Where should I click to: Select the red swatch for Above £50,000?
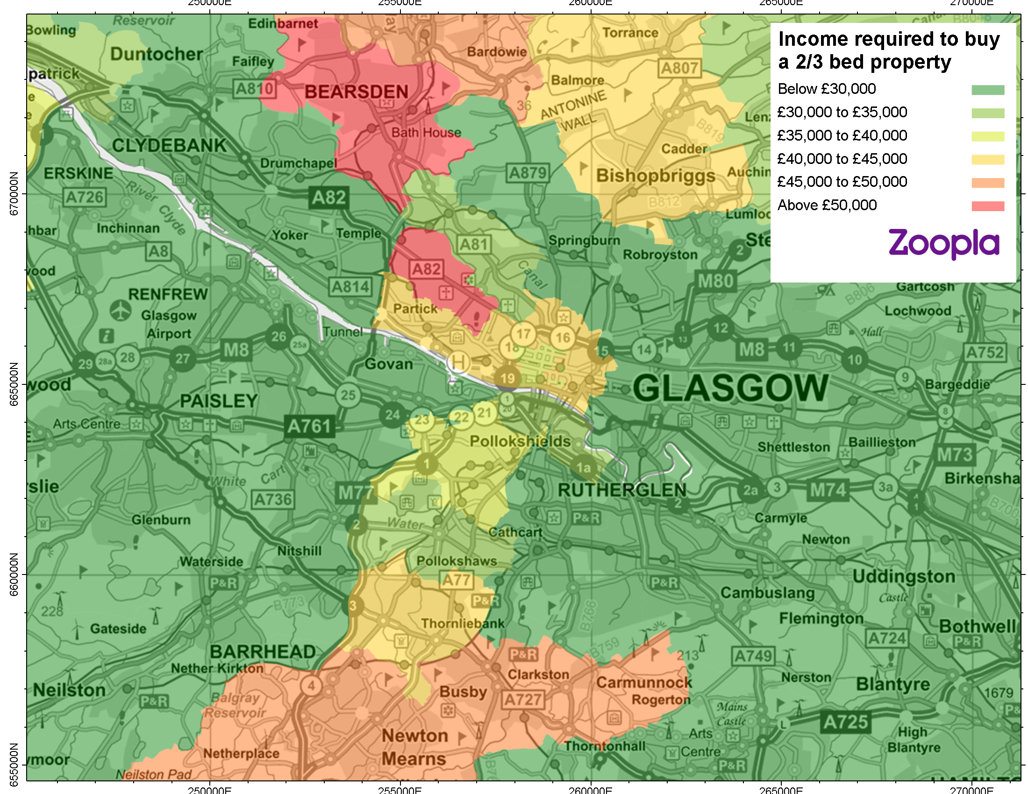click(x=987, y=206)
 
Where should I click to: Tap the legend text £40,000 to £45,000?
click(x=842, y=158)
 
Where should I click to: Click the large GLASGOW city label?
click(x=730, y=389)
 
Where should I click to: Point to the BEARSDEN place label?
click(x=357, y=92)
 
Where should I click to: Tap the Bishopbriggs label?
click(x=655, y=176)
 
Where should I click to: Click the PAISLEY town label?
click(x=219, y=401)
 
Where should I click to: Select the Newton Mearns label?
click(x=414, y=747)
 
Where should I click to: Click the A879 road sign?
click(x=528, y=173)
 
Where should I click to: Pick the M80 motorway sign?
click(x=715, y=281)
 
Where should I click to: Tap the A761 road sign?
click(x=309, y=426)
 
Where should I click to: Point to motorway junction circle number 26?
click(x=278, y=336)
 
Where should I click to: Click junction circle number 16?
click(x=563, y=337)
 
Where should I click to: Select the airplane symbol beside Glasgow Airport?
click(x=121, y=310)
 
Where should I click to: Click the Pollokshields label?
click(x=520, y=441)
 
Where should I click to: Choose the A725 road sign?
click(x=845, y=722)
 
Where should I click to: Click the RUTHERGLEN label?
click(x=622, y=490)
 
